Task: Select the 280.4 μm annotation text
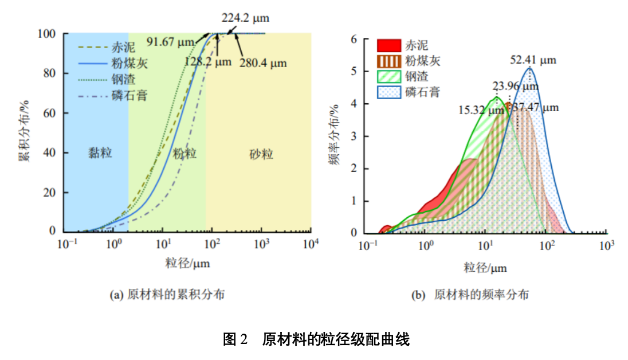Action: click(264, 63)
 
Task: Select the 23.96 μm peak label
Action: click(515, 87)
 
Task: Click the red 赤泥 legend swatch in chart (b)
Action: click(387, 46)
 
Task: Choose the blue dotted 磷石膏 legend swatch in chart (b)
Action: click(387, 92)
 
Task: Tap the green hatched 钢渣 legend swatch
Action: click(387, 76)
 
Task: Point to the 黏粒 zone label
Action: click(100, 154)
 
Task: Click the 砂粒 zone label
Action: click(261, 155)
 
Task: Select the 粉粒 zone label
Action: click(185, 154)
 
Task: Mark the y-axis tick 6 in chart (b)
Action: click(354, 40)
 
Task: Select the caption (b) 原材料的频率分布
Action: click(470, 295)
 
